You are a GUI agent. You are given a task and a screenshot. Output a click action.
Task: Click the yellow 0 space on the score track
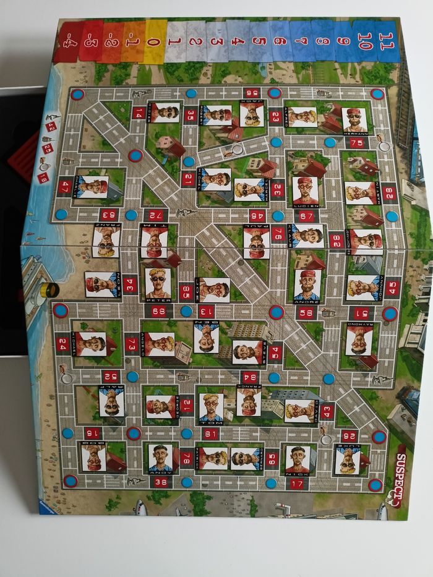coord(156,41)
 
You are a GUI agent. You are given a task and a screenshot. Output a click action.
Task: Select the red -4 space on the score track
coord(66,41)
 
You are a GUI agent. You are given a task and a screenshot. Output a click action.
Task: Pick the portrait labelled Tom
coord(210,407)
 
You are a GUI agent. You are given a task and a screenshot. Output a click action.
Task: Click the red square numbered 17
coord(296,484)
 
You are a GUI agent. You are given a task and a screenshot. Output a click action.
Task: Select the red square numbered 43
coord(327,411)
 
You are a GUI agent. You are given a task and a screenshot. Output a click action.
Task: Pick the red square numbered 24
coord(62,344)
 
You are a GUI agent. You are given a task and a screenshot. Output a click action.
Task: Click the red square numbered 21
coord(188,179)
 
